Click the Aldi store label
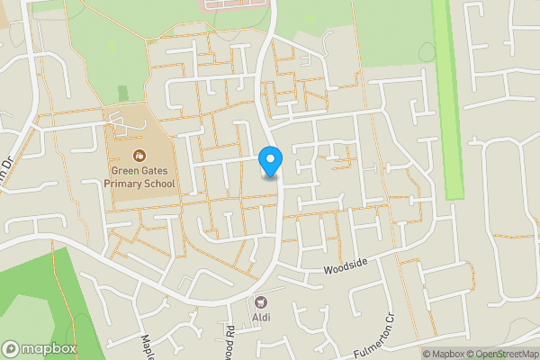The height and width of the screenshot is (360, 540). click(263, 318)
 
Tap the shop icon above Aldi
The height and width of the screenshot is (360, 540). click(262, 302)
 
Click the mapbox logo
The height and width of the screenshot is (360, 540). click(40, 348)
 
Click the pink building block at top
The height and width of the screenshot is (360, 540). click(236, 4)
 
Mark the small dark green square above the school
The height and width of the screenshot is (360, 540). click(123, 93)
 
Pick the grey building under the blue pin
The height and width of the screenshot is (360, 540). click(271, 175)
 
